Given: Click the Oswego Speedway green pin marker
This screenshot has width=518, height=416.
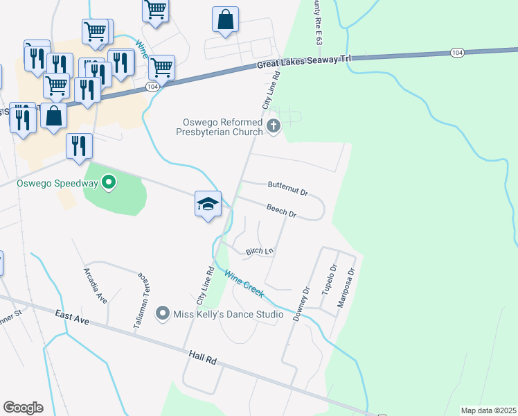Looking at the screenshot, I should point(109,183).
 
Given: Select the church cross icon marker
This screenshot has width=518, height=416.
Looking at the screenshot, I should point(274,127).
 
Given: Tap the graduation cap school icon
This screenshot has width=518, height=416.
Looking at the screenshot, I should point(208,204).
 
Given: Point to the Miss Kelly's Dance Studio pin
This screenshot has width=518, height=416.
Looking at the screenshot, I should point(163,314).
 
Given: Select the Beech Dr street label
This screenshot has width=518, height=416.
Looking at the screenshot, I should point(281,211).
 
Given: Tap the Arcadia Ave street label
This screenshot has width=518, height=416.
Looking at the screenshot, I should point(96,285).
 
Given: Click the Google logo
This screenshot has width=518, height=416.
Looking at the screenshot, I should point(23,408).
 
